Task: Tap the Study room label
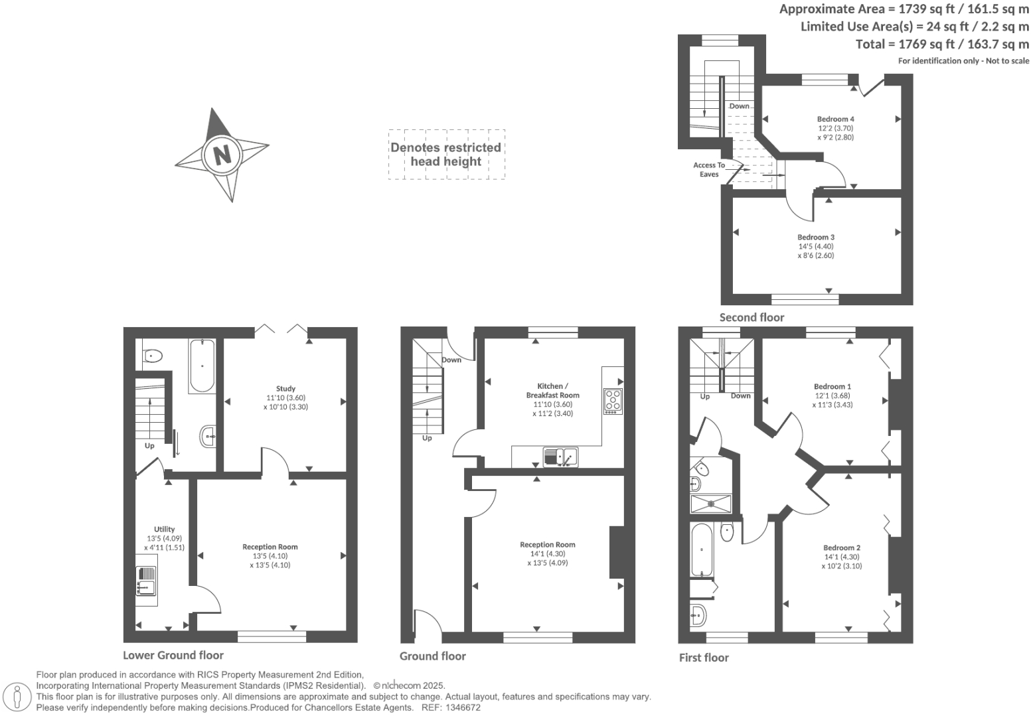pos(285,389)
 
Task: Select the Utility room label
pos(164,530)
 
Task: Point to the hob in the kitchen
pos(613,401)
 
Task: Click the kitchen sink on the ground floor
pos(560,457)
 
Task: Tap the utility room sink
pos(146,581)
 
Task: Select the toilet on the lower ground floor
pos(152,356)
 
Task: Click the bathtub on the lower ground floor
pos(202,366)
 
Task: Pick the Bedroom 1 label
pos(833,386)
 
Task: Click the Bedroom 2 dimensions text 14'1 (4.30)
pos(842,557)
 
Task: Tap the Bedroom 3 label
pos(816,237)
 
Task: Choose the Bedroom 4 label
pos(835,119)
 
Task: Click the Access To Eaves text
pos(709,170)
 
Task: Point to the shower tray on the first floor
pos(711,504)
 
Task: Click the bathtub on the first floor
pos(701,549)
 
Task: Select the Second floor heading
pos(752,317)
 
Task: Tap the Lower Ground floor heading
pos(173,655)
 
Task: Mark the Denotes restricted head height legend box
pos(446,155)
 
